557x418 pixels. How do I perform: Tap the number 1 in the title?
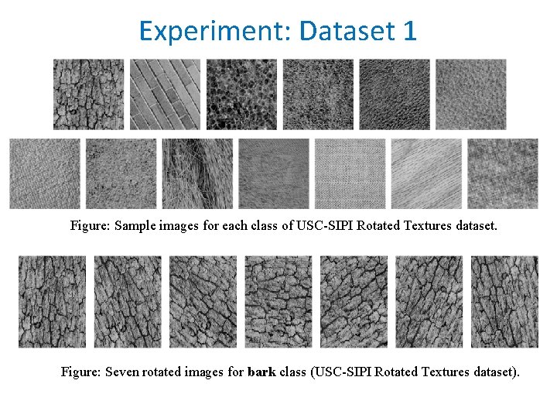[x=409, y=31]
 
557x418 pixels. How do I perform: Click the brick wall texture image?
[x=165, y=94]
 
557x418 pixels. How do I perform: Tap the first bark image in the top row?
[x=88, y=94]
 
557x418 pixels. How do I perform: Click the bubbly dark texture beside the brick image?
[x=241, y=94]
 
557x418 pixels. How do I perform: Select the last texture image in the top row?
[x=471, y=94]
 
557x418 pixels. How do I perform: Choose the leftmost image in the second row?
[x=45, y=174]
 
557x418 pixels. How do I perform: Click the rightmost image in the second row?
[x=503, y=174]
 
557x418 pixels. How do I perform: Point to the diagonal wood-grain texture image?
[x=426, y=174]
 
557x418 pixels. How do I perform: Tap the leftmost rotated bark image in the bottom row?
[x=53, y=302]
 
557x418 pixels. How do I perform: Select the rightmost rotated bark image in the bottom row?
[x=505, y=302]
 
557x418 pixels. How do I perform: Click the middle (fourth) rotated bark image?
[x=278, y=302]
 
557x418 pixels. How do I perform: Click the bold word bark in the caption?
[x=262, y=372]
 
